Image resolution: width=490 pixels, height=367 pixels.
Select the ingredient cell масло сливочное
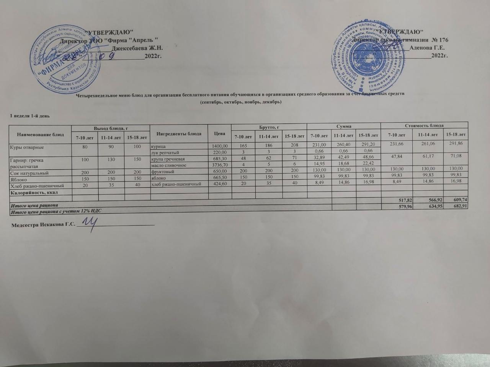[x=169, y=165]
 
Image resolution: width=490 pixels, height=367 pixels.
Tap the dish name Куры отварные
[x=26, y=147]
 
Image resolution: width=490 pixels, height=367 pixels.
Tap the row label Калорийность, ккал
[x=30, y=192]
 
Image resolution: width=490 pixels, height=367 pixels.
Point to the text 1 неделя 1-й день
[x=29, y=115]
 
